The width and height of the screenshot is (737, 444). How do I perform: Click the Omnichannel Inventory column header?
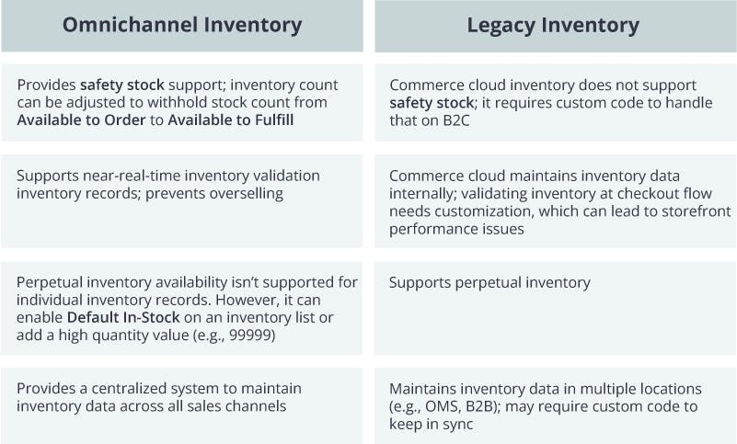point(182,25)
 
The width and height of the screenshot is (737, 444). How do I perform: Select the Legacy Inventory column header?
point(554,25)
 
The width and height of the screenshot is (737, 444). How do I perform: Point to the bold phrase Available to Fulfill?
point(231,120)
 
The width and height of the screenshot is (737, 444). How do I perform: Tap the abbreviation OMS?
point(438,406)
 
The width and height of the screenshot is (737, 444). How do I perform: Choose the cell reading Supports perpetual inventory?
point(489,282)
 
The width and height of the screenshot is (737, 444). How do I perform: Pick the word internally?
point(419,193)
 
